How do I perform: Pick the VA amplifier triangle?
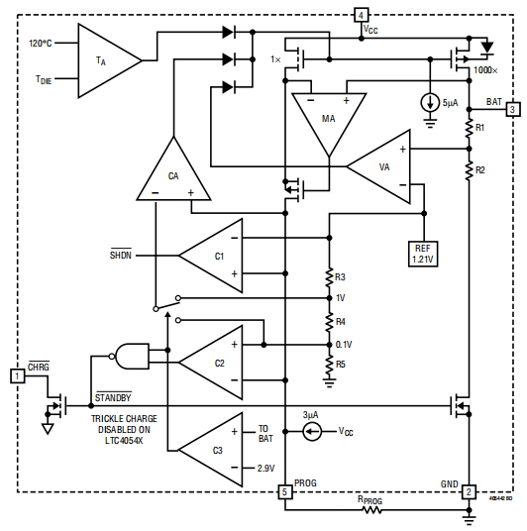382,166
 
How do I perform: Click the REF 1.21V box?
423,254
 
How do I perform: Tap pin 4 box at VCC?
361,15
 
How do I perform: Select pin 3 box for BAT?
512,109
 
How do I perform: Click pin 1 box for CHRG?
17,375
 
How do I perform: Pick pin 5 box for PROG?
284,491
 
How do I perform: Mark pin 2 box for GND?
470,491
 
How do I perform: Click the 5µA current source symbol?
430,102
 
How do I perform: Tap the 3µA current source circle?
312,431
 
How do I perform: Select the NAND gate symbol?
132,354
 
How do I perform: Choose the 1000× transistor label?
484,71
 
